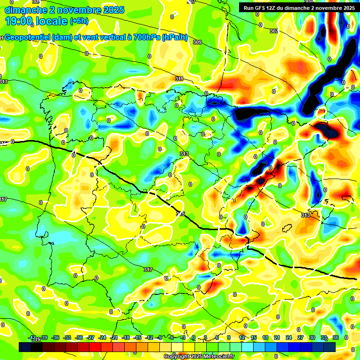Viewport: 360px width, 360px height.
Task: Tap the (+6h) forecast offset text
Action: (79, 21)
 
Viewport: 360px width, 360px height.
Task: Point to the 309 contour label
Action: (197, 42)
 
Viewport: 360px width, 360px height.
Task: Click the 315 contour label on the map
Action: (180, 214)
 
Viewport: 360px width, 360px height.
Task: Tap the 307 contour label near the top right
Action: (274, 31)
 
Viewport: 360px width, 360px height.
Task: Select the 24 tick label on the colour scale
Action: (289, 337)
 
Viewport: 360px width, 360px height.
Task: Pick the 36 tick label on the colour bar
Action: (336, 337)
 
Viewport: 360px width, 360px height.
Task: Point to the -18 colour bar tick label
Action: (126, 337)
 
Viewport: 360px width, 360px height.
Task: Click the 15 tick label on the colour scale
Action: (254, 337)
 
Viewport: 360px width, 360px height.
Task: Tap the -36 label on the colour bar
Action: (56, 337)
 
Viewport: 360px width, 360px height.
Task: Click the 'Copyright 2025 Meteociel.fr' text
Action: (199, 357)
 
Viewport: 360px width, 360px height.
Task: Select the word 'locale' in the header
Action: (51, 21)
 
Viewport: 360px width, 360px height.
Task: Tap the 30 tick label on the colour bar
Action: (312, 337)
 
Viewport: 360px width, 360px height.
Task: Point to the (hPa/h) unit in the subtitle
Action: (174, 37)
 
